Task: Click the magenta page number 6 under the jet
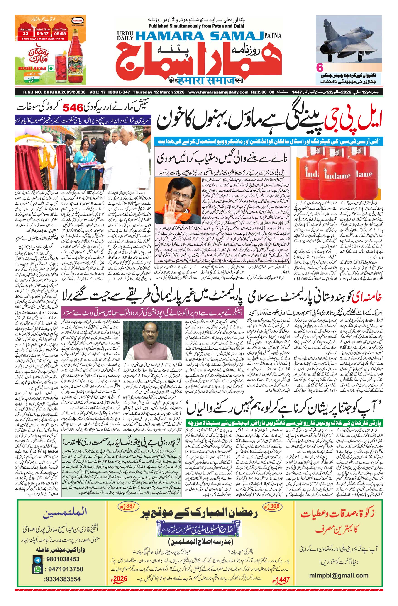pyautogui.click(x=320, y=68)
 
